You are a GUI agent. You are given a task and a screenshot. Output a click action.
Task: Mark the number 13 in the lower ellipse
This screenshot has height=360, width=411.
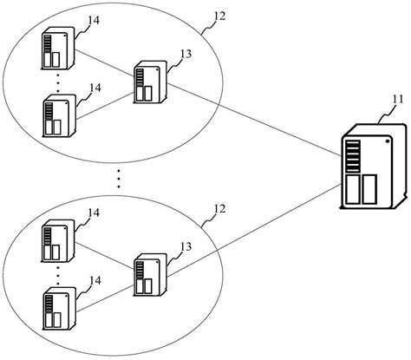coord(183,248)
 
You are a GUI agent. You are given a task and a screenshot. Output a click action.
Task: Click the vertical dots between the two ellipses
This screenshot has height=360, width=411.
coord(119,180)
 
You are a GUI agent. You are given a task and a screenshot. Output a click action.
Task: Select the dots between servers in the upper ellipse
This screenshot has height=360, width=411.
coord(57,82)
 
